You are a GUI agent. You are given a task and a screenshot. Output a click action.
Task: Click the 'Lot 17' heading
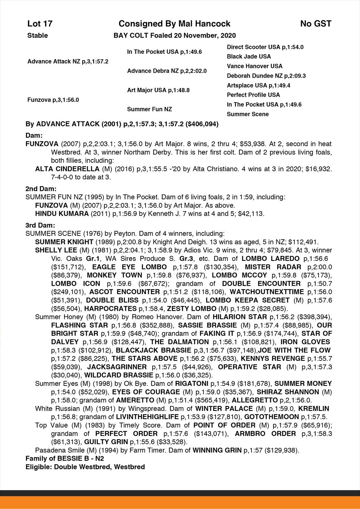40,24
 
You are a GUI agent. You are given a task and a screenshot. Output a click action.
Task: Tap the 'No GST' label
316,24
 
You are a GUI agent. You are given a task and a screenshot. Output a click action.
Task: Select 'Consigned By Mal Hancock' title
174,24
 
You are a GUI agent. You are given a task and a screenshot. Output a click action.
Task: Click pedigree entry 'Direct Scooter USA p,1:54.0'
265,47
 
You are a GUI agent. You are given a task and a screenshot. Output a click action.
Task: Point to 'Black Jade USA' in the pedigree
249,57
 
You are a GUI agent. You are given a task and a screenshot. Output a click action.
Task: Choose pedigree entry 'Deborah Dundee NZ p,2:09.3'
266,76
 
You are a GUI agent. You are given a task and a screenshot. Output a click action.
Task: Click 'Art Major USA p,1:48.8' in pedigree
158,90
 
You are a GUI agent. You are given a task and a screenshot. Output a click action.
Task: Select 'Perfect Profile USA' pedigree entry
253,95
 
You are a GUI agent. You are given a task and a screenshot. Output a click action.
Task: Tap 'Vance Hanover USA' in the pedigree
254,66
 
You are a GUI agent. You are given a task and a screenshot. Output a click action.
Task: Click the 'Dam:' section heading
34,135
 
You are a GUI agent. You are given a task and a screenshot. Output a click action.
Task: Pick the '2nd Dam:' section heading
41,188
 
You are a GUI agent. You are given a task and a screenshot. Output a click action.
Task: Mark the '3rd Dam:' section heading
40,225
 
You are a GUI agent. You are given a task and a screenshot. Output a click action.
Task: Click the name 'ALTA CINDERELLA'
62,169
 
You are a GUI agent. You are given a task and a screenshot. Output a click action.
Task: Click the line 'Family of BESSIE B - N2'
65,458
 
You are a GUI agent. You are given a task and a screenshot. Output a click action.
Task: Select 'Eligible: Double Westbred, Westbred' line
85,467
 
